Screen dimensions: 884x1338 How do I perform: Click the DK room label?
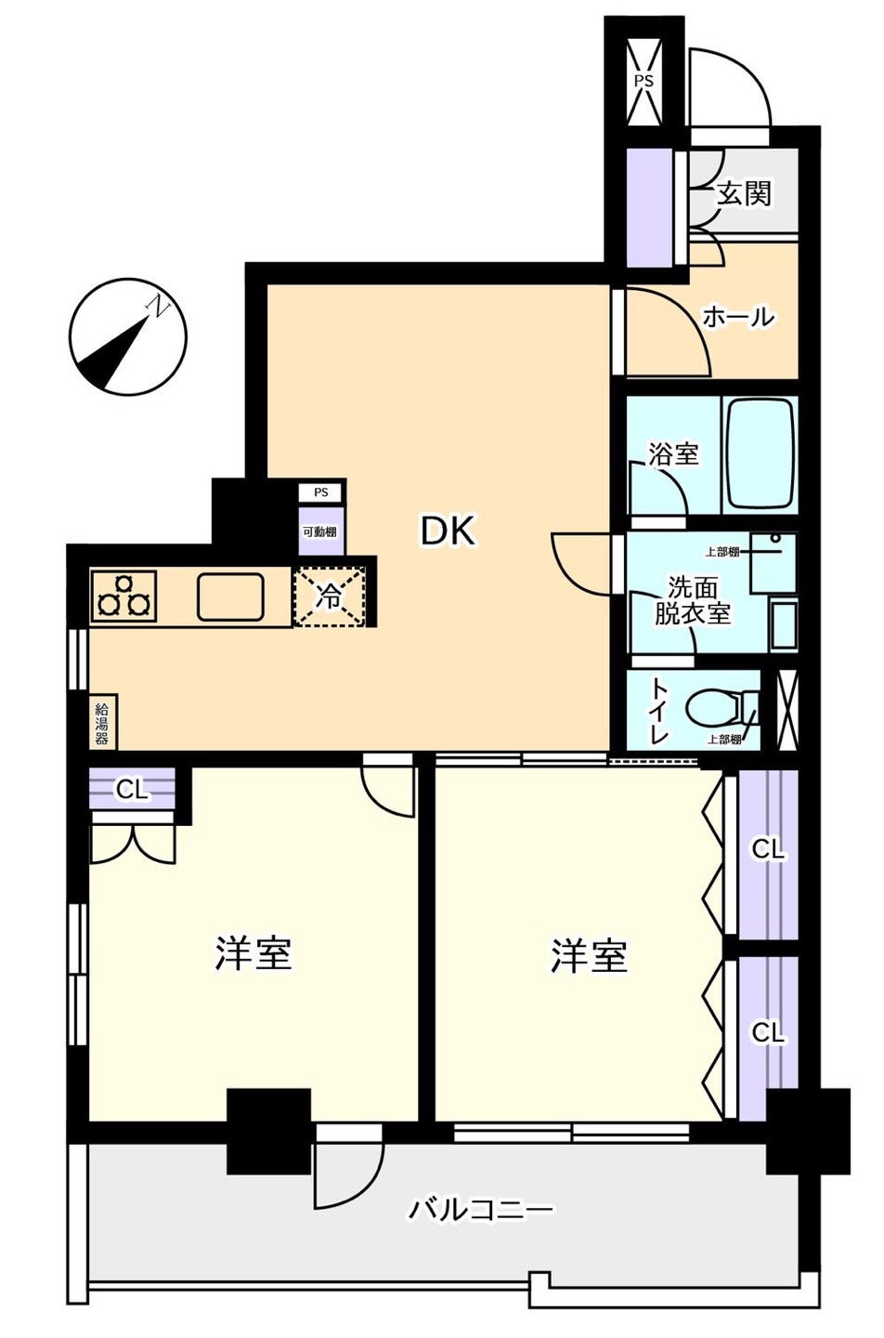pyautogui.click(x=448, y=531)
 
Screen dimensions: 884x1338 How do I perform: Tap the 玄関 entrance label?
pyautogui.click(x=744, y=193)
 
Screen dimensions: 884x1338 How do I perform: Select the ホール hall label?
pyautogui.click(x=738, y=317)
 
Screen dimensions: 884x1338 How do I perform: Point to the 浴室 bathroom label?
pyautogui.click(x=674, y=455)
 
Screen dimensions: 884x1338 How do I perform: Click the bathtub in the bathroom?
pyautogui.click(x=760, y=454)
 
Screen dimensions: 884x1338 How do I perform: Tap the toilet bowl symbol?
pyautogui.click(x=721, y=710)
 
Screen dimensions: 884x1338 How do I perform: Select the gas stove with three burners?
pyautogui.click(x=123, y=596)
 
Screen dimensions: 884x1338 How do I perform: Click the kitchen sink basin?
pyautogui.click(x=230, y=597)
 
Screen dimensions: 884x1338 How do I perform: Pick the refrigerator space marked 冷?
pyautogui.click(x=330, y=596)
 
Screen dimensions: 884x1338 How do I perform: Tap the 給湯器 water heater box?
pyautogui.click(x=103, y=722)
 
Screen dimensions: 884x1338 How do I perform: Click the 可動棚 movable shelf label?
pyautogui.click(x=321, y=531)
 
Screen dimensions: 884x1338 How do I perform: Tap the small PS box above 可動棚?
pyautogui.click(x=321, y=492)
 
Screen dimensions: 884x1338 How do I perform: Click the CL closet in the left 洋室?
pyautogui.click(x=132, y=790)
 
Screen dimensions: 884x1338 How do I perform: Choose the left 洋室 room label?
pyautogui.click(x=253, y=953)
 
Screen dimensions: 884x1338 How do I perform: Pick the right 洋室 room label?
pyautogui.click(x=589, y=956)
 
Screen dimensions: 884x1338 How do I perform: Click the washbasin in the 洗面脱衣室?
pyautogui.click(x=784, y=626)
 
